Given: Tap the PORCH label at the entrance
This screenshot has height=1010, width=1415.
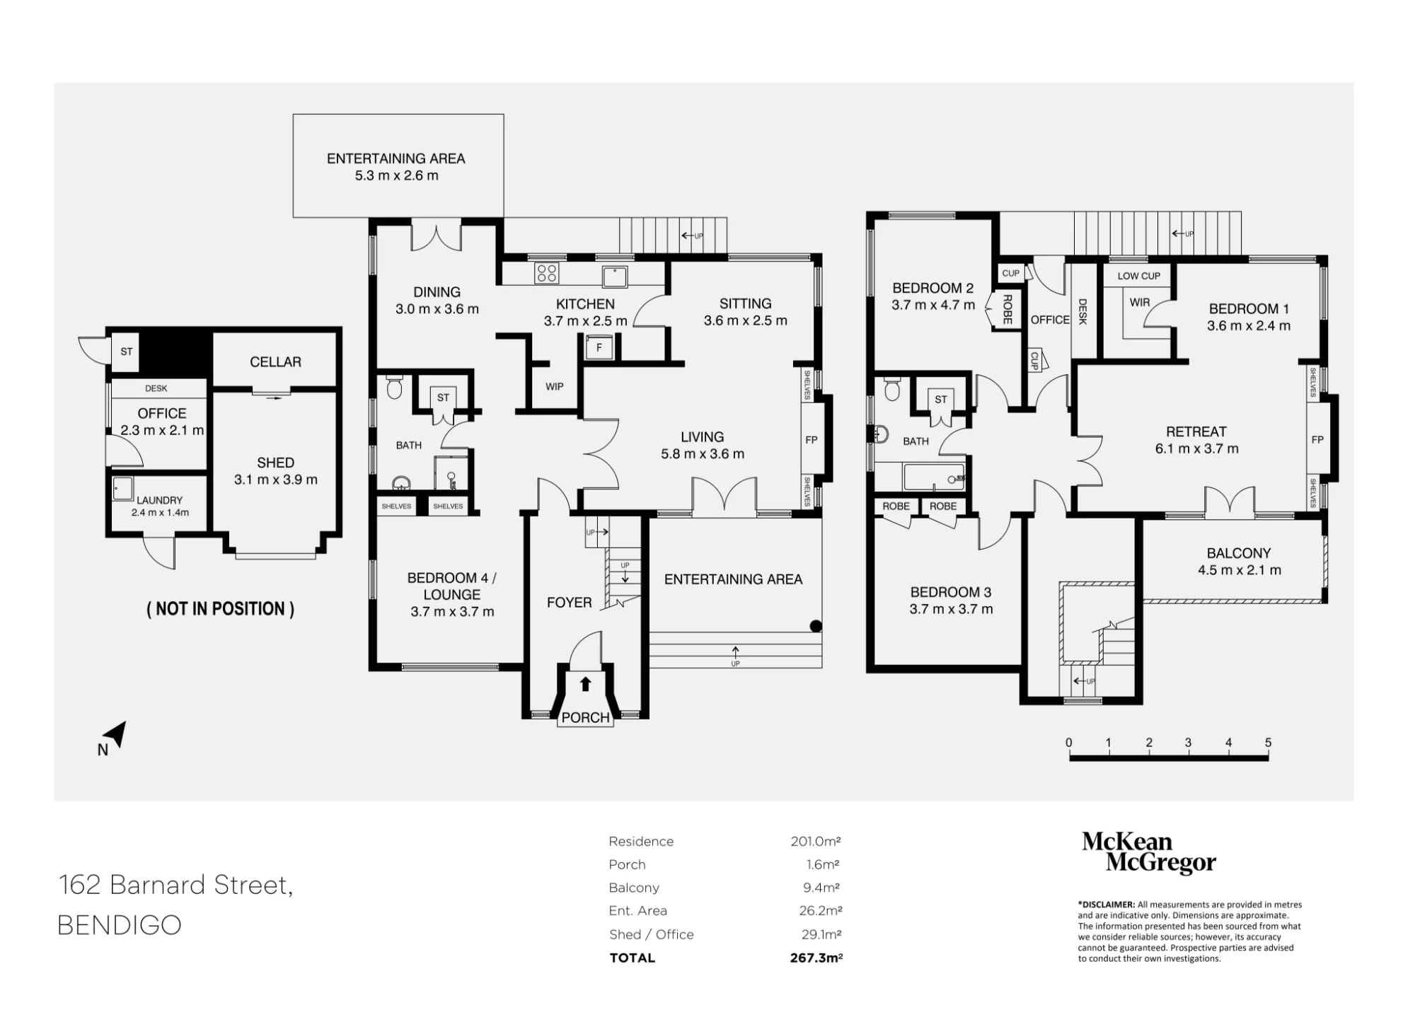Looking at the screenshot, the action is (585, 717).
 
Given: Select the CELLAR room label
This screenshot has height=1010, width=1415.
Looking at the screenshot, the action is (275, 362).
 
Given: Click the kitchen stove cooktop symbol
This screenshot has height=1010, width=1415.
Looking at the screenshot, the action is (546, 273).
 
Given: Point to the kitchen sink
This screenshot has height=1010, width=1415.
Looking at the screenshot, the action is (614, 276).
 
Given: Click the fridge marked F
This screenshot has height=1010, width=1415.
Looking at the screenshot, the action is (599, 348).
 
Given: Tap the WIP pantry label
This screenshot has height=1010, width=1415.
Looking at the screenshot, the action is (554, 387).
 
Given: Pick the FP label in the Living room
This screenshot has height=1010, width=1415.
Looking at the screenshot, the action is (811, 440).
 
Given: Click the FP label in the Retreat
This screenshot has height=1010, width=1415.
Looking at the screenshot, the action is (1317, 440).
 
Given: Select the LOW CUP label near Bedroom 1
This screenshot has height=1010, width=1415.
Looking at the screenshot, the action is (1138, 276).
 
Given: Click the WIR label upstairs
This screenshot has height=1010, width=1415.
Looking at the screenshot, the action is (1139, 303).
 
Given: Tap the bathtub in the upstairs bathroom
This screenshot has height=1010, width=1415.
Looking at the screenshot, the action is (934, 477).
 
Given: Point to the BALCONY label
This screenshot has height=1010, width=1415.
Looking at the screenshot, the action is (1238, 553).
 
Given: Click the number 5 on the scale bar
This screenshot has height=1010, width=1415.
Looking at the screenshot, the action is (1268, 743).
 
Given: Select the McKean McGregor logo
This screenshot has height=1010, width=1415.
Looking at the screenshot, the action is (1148, 852).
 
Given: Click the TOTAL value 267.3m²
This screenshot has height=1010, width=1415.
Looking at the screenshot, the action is (816, 958).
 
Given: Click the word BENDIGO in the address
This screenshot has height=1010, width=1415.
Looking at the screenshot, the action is (119, 925).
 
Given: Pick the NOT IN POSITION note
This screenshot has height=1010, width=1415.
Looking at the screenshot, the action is (220, 609).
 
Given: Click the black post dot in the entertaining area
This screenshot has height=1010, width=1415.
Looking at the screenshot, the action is (815, 625).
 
